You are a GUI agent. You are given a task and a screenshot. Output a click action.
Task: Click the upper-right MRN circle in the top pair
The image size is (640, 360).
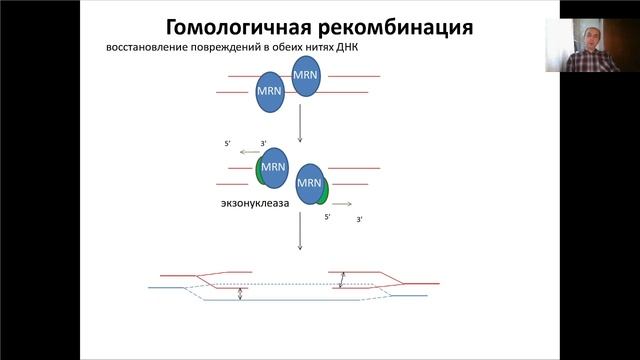pyautogui.click(x=306, y=76)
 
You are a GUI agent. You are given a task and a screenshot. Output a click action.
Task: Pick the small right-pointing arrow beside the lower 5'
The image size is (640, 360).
pyautogui.click(x=342, y=203)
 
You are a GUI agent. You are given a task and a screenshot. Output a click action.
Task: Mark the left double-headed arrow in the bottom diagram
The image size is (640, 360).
pyautogui.click(x=240, y=294)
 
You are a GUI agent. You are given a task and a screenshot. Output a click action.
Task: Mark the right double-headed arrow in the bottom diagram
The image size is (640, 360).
pyautogui.click(x=342, y=280)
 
